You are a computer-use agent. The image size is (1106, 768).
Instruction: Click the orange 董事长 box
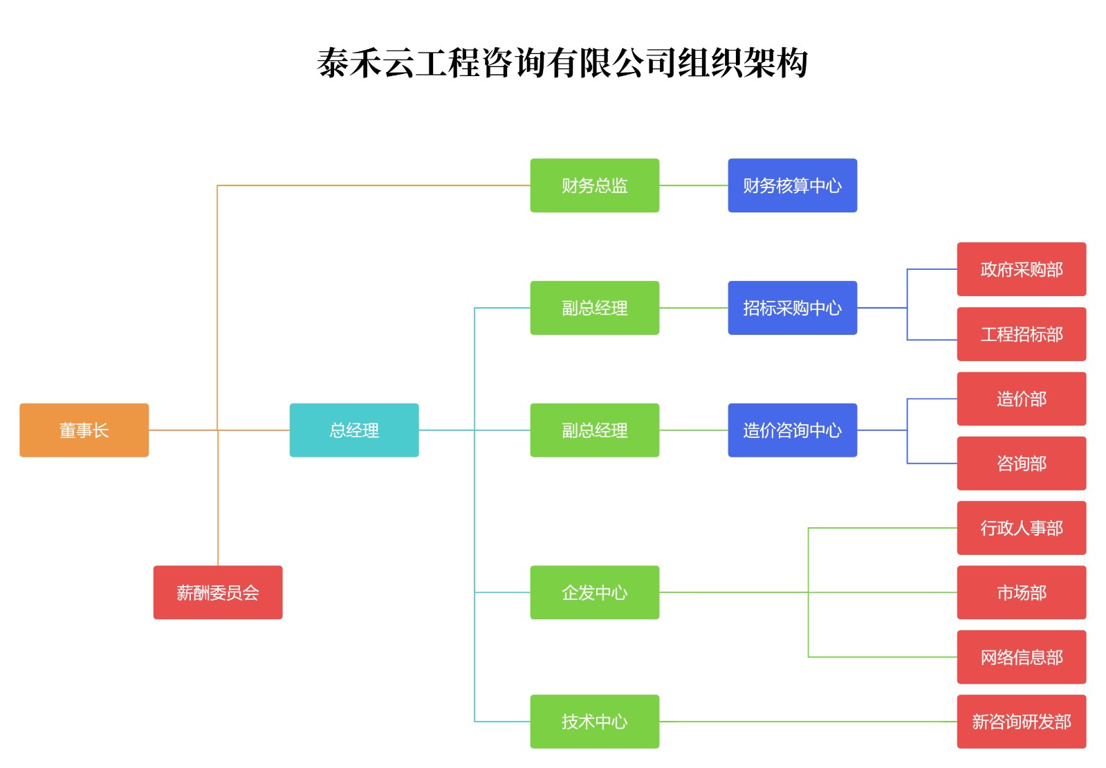point(84,430)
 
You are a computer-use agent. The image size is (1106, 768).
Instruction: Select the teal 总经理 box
point(353,430)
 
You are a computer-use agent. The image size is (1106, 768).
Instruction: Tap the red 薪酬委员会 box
point(217,592)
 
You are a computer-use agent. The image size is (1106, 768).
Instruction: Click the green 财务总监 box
point(594,185)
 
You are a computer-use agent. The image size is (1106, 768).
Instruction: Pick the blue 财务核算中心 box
point(792,185)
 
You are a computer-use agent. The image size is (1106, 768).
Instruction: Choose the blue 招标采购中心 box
point(792,308)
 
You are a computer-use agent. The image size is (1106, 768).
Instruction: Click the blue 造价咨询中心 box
point(792,430)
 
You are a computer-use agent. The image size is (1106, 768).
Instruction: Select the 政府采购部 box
point(1021,269)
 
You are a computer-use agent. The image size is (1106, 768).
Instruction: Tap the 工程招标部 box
point(1021,334)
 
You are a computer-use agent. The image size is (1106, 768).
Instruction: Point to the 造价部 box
point(1021,399)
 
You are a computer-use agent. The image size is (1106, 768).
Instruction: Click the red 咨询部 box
point(1021,464)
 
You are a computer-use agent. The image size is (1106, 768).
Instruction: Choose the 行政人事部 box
point(1021,528)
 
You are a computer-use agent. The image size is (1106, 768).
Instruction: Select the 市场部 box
point(1021,592)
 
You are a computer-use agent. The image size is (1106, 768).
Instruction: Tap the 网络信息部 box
point(1021,657)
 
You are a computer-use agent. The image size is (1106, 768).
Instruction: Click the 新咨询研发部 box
point(1021,722)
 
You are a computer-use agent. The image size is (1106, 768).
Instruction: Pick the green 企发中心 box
point(594,592)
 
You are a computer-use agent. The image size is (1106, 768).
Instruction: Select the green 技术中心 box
point(594,722)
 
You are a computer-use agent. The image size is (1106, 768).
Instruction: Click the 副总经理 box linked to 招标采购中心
point(594,308)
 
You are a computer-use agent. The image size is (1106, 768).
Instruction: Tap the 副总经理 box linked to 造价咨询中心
point(594,430)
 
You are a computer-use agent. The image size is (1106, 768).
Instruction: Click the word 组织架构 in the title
point(742,63)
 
